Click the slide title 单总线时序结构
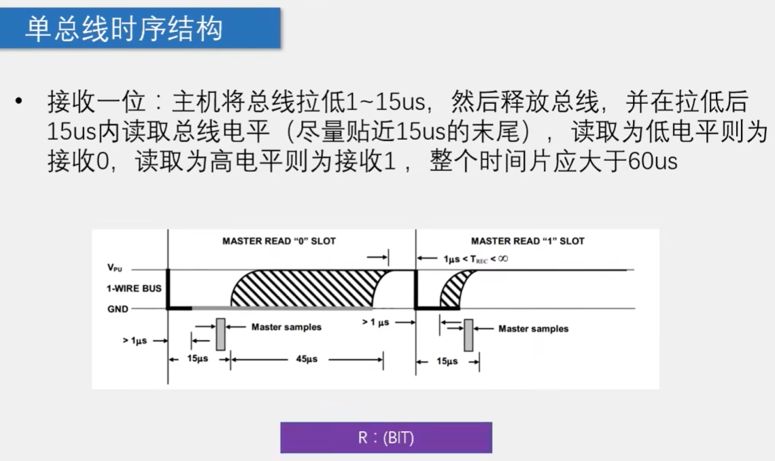124,29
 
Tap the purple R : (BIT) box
385,438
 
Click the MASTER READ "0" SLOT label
279,241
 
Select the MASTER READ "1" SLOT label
528,241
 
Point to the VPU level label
114,269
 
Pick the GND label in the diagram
116,308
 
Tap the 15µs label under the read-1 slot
447,361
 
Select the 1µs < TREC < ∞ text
476,259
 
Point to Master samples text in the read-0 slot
286,327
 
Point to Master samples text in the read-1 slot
533,329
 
